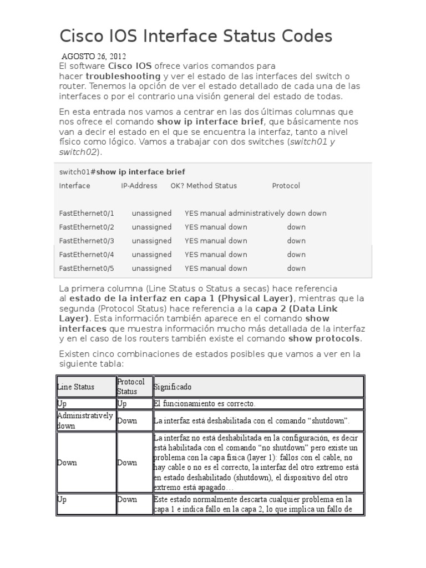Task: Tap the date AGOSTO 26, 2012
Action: click(93, 56)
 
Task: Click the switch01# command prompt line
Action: click(122, 172)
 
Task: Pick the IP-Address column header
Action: click(139, 186)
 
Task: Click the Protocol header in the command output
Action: click(286, 186)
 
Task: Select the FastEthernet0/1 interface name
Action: click(86, 213)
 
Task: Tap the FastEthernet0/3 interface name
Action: click(86, 241)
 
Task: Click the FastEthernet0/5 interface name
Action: click(86, 268)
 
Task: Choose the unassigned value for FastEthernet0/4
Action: click(151, 255)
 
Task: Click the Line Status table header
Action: click(76, 387)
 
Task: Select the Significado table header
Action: click(173, 387)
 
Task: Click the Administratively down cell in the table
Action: click(84, 420)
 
